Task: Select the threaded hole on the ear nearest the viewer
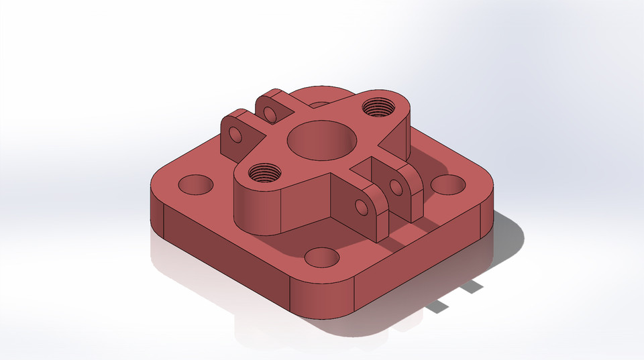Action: [x=264, y=174]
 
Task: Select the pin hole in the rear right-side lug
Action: [x=395, y=187]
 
